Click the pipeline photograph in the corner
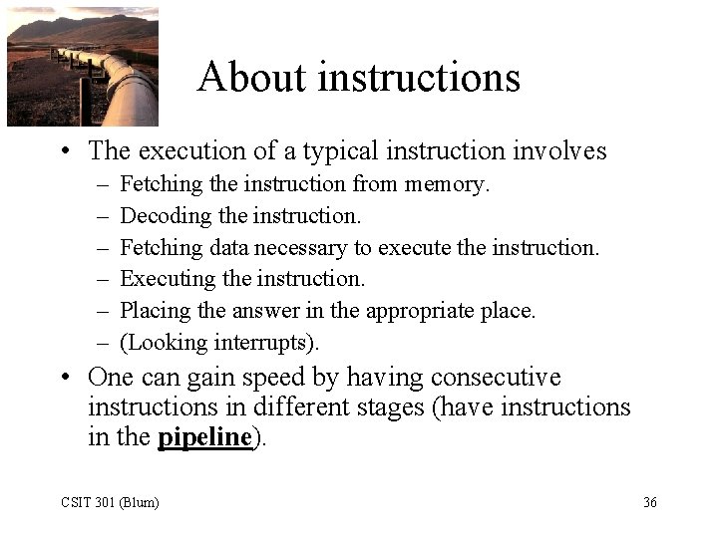click(82, 67)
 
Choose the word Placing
click(156, 311)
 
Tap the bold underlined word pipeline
click(204, 438)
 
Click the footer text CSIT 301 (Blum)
click(108, 503)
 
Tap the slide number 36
click(649, 503)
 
